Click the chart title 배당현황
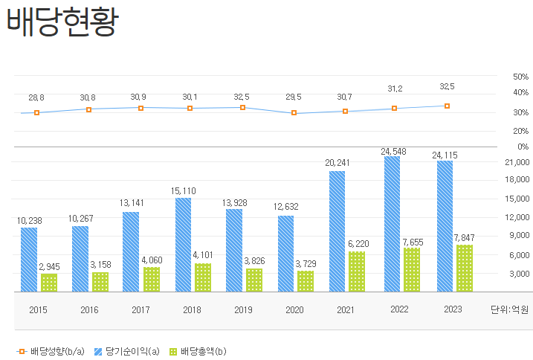[62, 22]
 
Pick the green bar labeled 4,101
[203, 277]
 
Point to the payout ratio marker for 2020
[294, 113]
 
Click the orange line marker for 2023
[447, 106]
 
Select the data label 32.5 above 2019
[242, 97]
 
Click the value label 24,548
[395, 151]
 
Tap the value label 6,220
[357, 244]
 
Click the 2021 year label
[346, 309]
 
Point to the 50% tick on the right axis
[520, 77]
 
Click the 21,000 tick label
[517, 161]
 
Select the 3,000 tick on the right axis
[518, 274]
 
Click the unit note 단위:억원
[511, 309]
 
